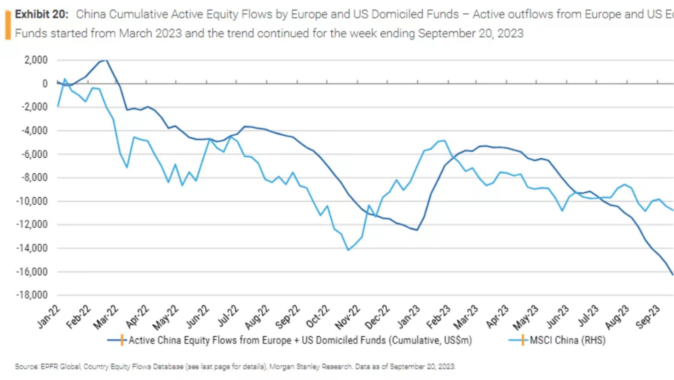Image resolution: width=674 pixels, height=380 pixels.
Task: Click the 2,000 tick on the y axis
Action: pyautogui.click(x=36, y=60)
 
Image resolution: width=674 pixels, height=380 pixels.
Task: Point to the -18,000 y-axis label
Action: pyautogui.click(x=32, y=295)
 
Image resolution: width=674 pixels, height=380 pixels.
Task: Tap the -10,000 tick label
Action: pyautogui.click(x=32, y=201)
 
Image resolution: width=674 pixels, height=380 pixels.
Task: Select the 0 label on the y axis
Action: pyautogui.click(x=45, y=84)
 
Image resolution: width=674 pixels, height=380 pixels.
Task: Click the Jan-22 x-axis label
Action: pyautogui.click(x=48, y=317)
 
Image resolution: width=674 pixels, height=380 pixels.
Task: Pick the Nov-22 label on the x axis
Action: pyautogui.click(x=347, y=317)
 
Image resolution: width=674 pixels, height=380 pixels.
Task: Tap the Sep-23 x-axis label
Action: pyautogui.click(x=648, y=317)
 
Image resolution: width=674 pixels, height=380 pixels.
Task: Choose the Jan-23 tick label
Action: pyautogui.click(x=408, y=317)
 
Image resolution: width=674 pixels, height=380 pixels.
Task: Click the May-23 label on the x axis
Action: pyautogui.click(x=526, y=317)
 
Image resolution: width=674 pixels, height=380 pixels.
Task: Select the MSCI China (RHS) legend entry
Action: pyautogui.click(x=567, y=340)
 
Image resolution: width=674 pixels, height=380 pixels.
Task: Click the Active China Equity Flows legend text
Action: pyautogui.click(x=300, y=340)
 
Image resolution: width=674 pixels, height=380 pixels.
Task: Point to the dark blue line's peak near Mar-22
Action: pyautogui.click(x=106, y=60)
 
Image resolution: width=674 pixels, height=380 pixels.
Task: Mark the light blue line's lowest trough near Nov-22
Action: pyautogui.click(x=348, y=250)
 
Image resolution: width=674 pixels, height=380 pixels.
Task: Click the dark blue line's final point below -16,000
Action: pyautogui.click(x=672, y=274)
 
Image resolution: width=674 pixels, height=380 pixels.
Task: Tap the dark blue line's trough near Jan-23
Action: pyautogui.click(x=417, y=230)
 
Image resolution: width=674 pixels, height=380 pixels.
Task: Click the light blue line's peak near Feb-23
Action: pyautogui.click(x=444, y=141)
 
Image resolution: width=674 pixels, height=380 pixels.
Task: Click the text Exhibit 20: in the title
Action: pyautogui.click(x=41, y=14)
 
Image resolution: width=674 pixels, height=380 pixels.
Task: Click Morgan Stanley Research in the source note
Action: pyautogui.click(x=311, y=367)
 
